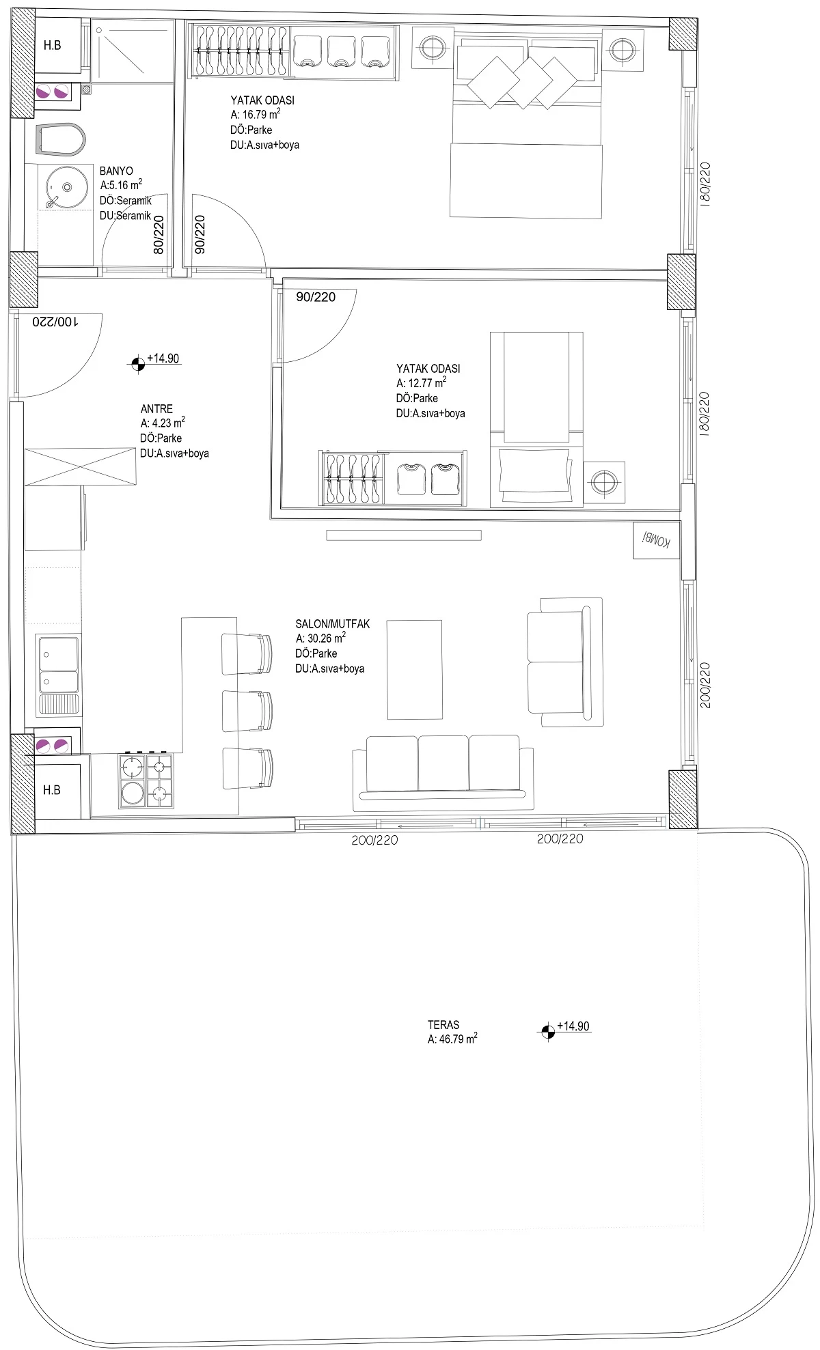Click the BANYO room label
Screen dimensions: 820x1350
tap(116, 171)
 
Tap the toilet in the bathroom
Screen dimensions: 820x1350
tap(59, 140)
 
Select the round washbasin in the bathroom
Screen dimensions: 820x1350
tap(66, 186)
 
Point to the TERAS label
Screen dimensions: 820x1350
tap(443, 1024)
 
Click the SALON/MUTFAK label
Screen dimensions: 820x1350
tap(332, 623)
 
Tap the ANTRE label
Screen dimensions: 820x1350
tap(156, 409)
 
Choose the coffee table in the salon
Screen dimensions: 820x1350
tap(414, 669)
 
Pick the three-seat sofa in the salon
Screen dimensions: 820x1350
tap(443, 768)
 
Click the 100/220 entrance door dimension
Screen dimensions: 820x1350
tap(56, 322)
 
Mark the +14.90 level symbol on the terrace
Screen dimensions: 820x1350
tap(547, 1032)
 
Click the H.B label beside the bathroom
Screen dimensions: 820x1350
tap(52, 46)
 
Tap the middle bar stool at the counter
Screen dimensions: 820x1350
tap(247, 712)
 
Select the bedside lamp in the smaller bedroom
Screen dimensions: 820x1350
tap(604, 482)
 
